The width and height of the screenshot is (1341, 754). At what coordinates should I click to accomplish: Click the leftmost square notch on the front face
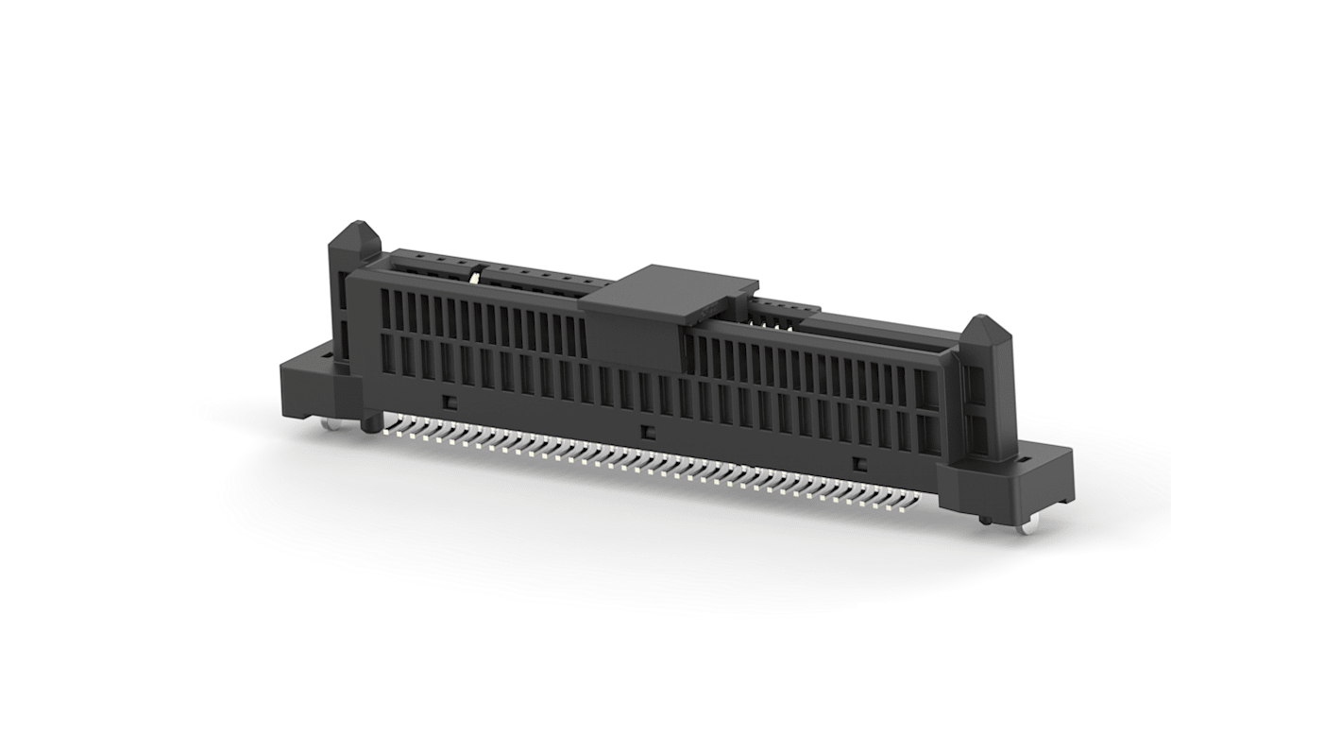pyautogui.click(x=450, y=401)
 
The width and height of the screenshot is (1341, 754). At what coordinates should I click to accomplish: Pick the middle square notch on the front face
pyautogui.click(x=647, y=432)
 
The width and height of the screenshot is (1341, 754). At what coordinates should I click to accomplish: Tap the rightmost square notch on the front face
pyautogui.click(x=859, y=463)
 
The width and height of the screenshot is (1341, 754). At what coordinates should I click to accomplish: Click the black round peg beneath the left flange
pyautogui.click(x=366, y=427)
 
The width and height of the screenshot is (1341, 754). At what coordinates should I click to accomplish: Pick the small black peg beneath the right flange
pyautogui.click(x=984, y=519)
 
